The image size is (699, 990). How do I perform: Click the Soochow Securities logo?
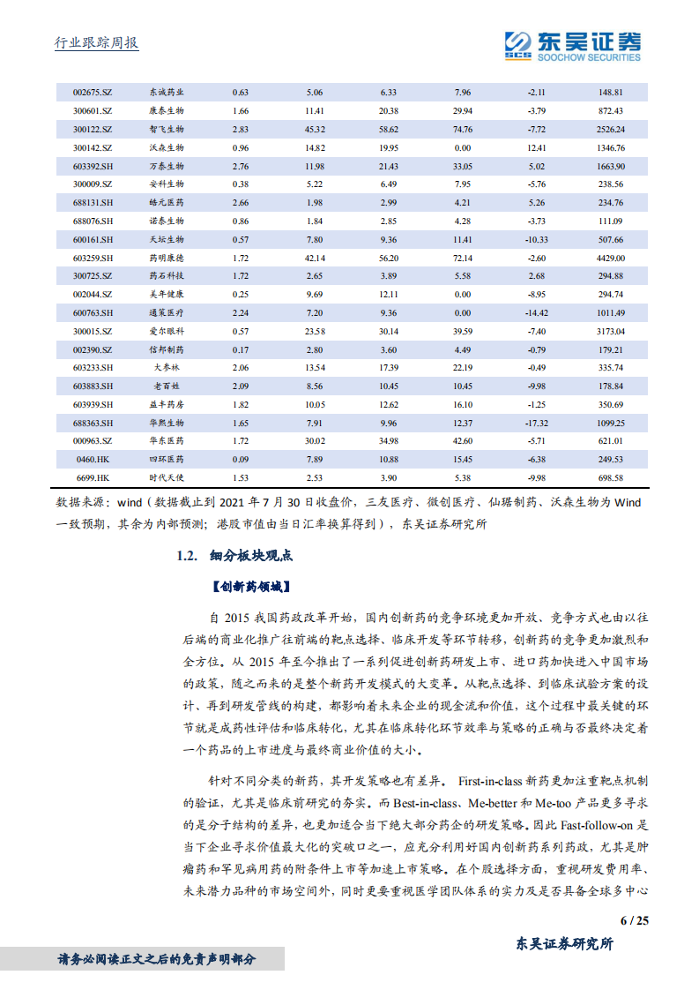pos(572,45)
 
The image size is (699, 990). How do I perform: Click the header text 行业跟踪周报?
pos(91,44)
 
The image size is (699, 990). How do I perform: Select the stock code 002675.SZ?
pos(93,92)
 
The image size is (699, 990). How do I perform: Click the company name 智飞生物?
pos(167,129)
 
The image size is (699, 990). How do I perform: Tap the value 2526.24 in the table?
pos(609,129)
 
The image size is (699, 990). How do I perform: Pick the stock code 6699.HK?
pos(93,477)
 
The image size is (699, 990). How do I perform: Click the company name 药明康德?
pos(167,258)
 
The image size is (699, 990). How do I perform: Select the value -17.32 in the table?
pos(536,423)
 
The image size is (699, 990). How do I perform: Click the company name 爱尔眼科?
pos(167,331)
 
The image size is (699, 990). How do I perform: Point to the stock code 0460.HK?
pos(93,459)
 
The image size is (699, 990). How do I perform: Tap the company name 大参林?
pos(167,367)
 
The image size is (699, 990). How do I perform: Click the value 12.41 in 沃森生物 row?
pos(536,147)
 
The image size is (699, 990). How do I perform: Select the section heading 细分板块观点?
pos(250,556)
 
